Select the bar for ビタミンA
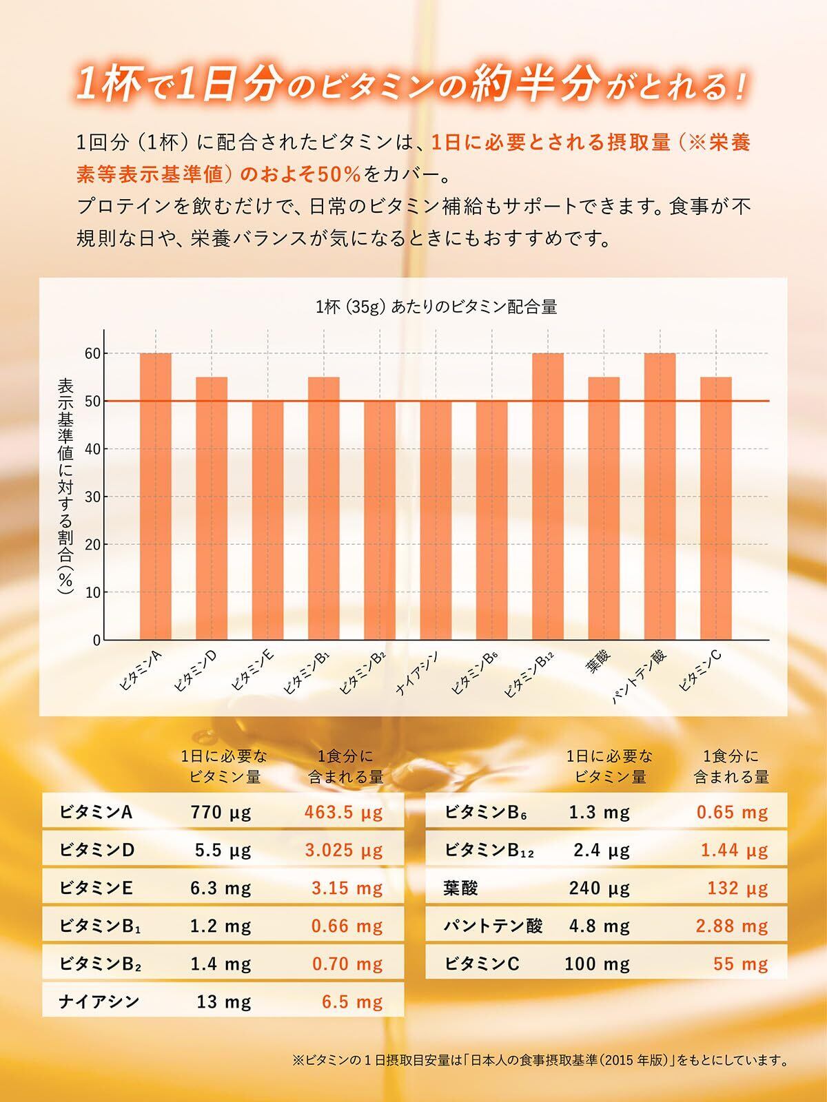pos(156,496)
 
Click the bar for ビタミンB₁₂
pos(548,496)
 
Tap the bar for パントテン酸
pos(660,496)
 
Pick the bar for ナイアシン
pos(436,520)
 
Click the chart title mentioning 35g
pos(436,307)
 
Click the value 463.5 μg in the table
pos(343,812)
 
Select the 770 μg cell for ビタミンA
pos(221,812)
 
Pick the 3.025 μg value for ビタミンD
pos(343,850)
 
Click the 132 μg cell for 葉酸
pos(737,888)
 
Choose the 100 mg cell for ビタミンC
pos(597,964)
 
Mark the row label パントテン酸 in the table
pos(493,926)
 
